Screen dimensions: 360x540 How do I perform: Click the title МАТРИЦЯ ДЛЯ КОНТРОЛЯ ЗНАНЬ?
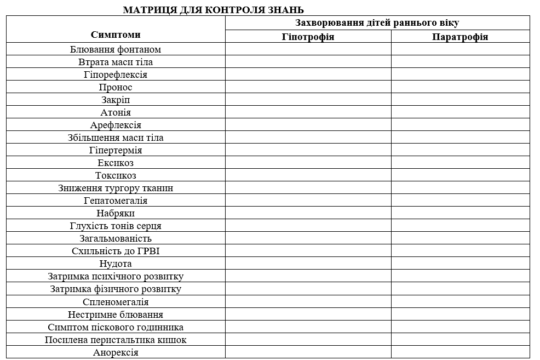tap(213, 10)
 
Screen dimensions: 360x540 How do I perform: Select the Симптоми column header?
tap(116, 35)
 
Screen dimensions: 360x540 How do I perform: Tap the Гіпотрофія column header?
tap(308, 37)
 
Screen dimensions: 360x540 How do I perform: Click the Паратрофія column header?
tap(460, 37)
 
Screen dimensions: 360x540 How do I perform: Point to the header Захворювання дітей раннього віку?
tap(377, 22)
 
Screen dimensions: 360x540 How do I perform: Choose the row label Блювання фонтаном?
tap(116, 49)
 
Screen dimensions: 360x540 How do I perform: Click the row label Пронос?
tap(116, 87)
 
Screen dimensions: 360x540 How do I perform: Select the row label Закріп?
tap(116, 100)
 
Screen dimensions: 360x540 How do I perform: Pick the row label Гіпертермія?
tap(116, 150)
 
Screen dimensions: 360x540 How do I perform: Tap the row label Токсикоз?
tap(116, 175)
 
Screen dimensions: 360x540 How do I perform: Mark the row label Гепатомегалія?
tap(116, 201)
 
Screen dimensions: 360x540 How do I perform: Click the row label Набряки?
tap(116, 213)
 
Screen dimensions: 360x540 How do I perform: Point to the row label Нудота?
tap(116, 264)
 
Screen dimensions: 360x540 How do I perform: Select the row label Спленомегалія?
tap(116, 302)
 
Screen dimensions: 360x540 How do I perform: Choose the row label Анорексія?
tap(116, 352)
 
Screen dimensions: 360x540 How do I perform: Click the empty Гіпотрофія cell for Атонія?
tap(308, 112)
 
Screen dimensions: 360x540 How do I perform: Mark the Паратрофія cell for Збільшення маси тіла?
tap(460, 138)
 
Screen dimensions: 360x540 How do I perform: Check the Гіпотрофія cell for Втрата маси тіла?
tap(308, 62)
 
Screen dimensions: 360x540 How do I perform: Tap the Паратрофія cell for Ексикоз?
tap(460, 163)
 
